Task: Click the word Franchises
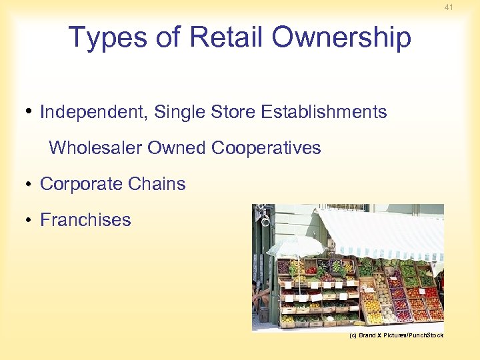[85, 220]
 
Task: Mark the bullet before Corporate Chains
[31, 185]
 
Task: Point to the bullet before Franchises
[31, 221]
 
